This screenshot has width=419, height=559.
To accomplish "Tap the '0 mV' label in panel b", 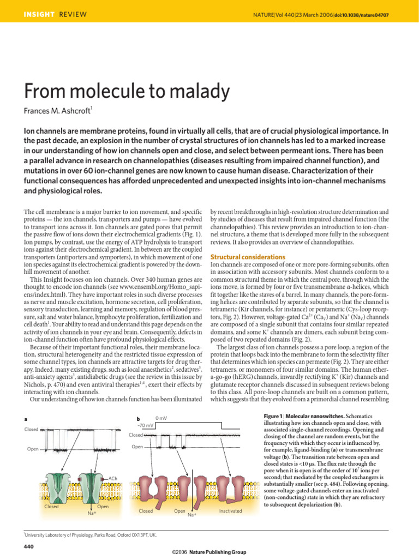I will pos(161,419).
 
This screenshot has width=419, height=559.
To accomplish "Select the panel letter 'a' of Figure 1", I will pos(26,419).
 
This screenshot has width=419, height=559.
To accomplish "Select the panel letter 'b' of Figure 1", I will pos(138,419).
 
